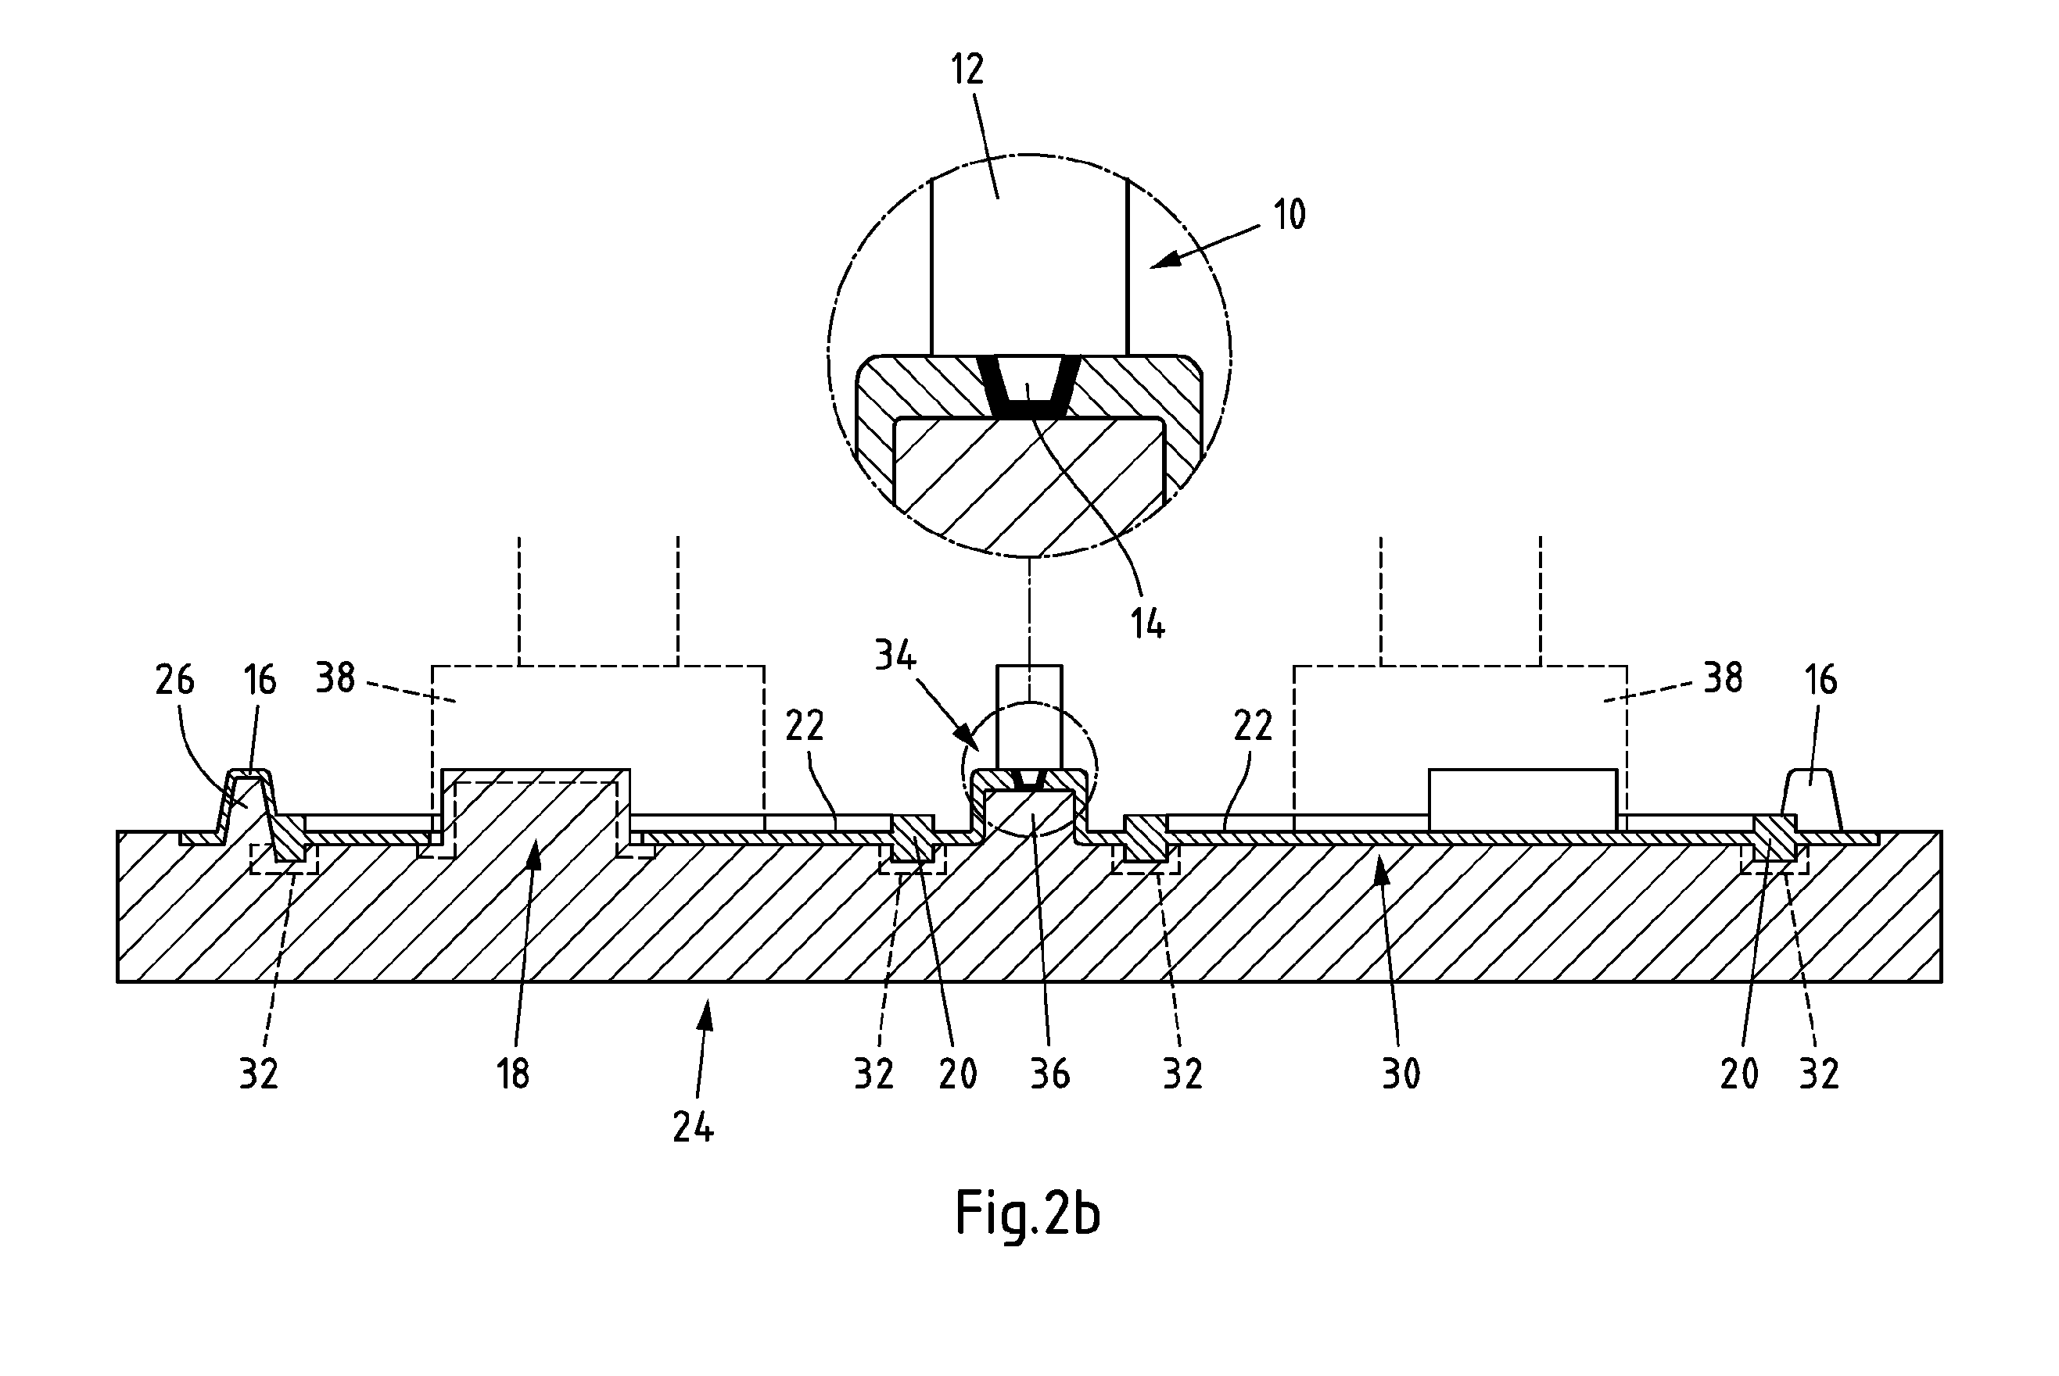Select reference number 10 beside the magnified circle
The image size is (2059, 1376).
pos(1289,215)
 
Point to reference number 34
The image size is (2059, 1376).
pos(895,656)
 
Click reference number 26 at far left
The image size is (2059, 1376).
pos(174,680)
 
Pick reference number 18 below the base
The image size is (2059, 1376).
pos(513,1074)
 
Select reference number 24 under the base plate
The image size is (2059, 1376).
pos(694,1128)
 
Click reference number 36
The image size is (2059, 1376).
pos(1050,1074)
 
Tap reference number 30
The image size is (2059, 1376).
pos(1401,1074)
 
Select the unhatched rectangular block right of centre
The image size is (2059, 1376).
pos(1523,799)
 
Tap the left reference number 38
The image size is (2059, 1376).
pos(335,678)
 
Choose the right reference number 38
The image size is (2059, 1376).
pos(1723,678)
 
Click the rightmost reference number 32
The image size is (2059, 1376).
pos(1818,1074)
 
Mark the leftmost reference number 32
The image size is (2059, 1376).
pos(259,1074)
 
